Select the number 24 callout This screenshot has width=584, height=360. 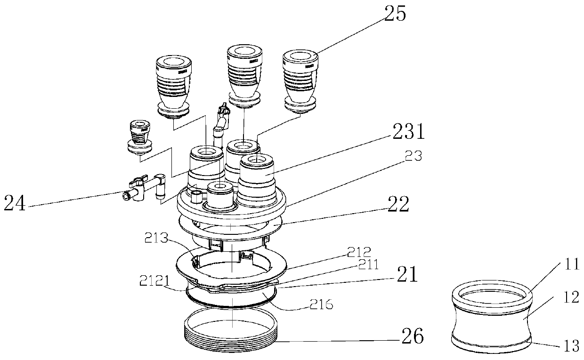point(15,204)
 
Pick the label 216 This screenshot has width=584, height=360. point(321,305)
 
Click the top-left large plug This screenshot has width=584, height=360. point(173,85)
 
